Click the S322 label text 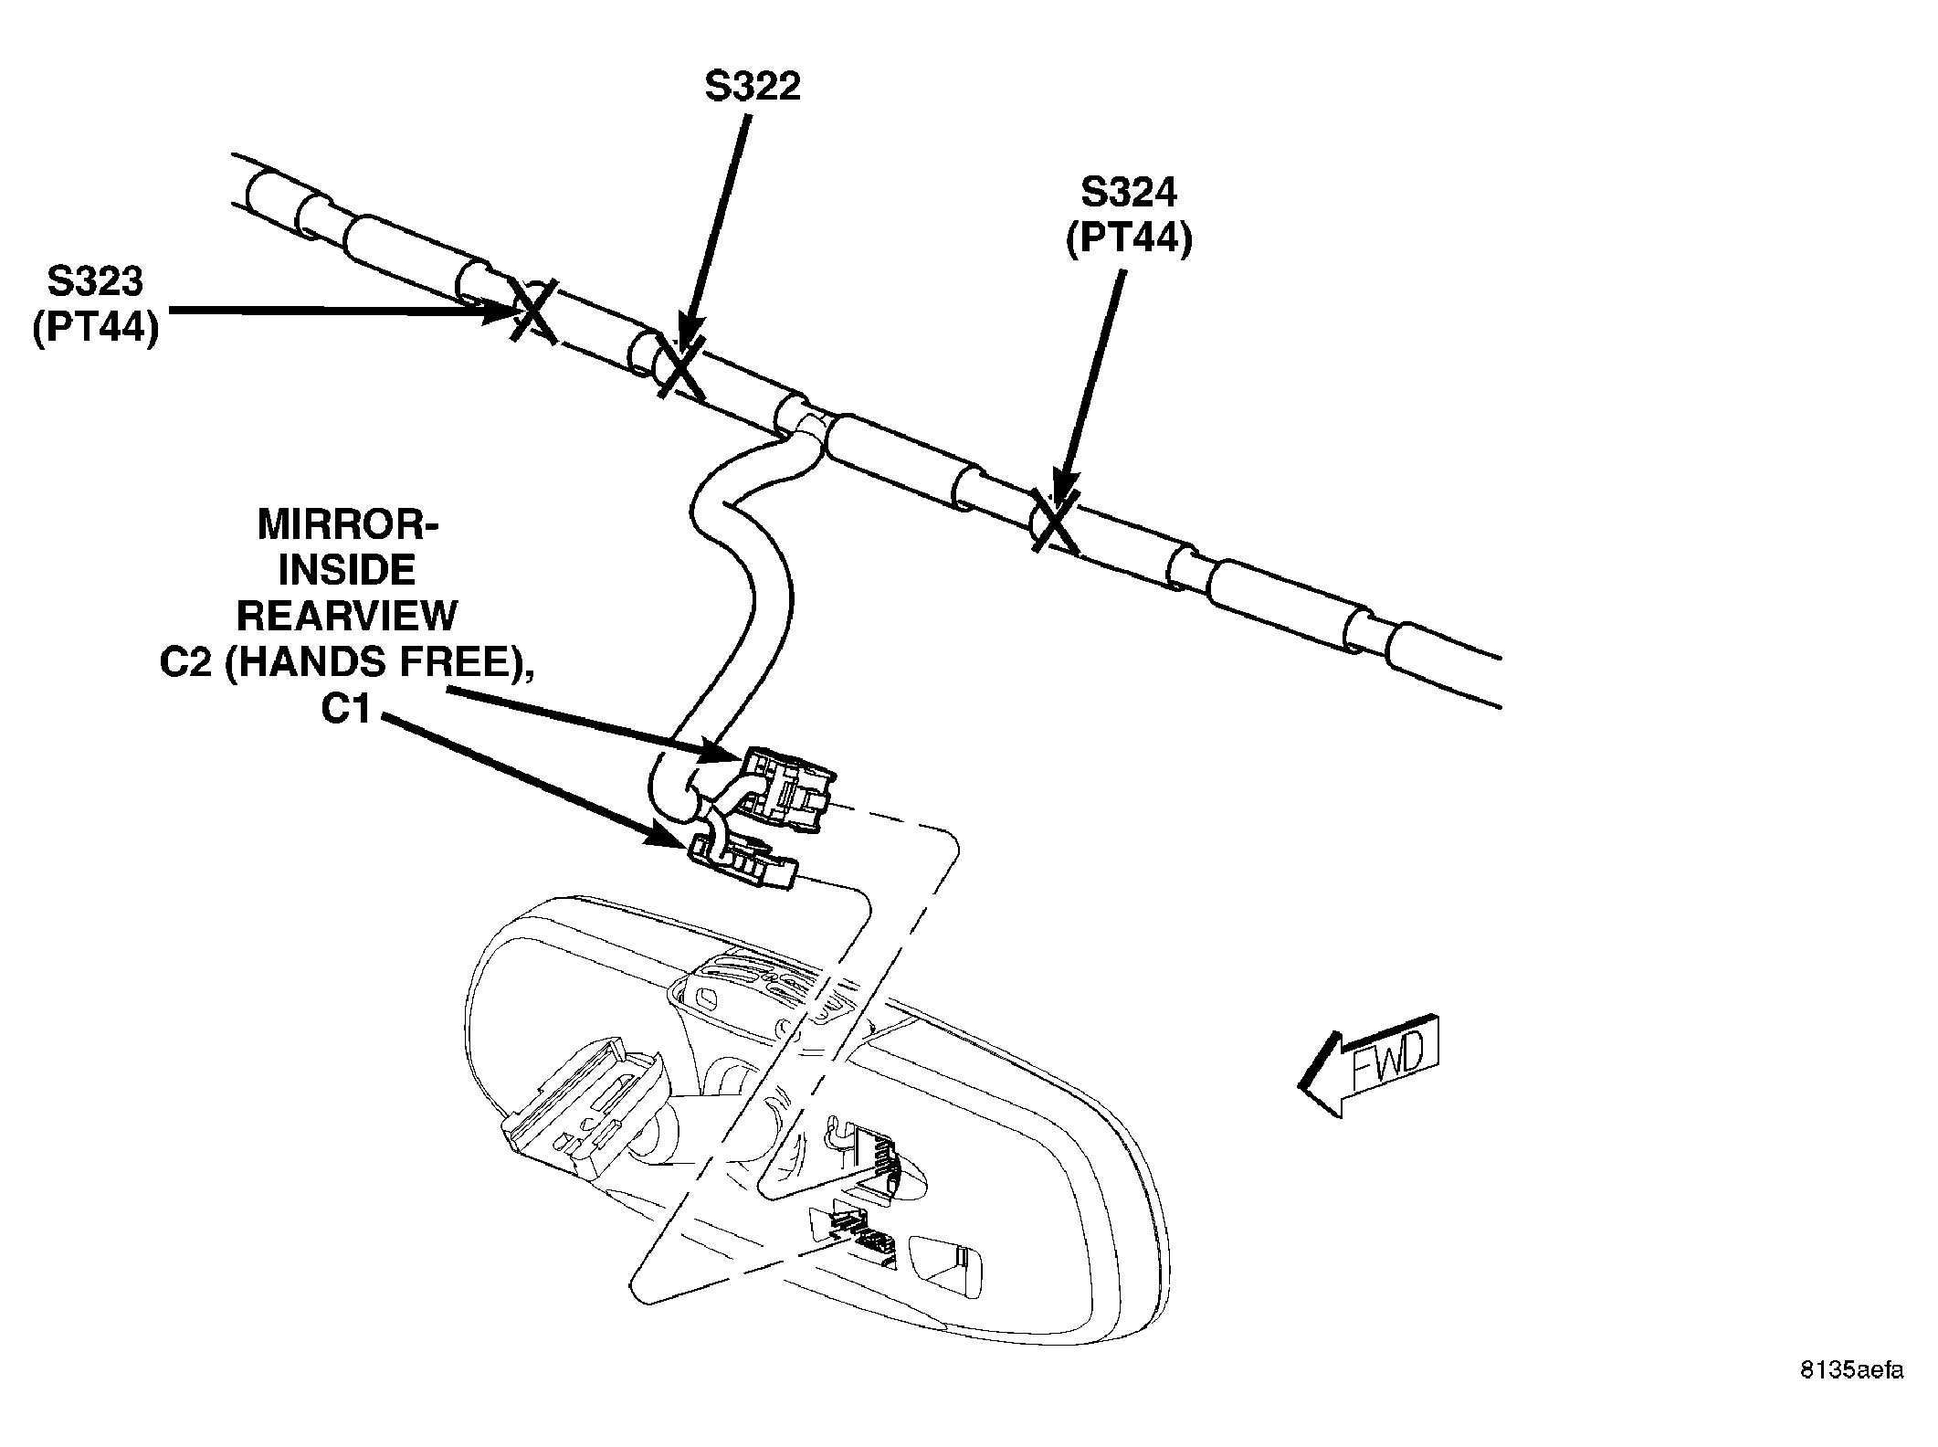(753, 87)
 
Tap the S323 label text (95, 281)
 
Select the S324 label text (1129, 193)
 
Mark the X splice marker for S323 (533, 311)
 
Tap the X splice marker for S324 (1055, 521)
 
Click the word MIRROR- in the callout (348, 525)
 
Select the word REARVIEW (347, 617)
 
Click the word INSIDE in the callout (347, 571)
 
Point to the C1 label (347, 710)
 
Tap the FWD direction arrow (1369, 1064)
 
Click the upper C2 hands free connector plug (787, 787)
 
